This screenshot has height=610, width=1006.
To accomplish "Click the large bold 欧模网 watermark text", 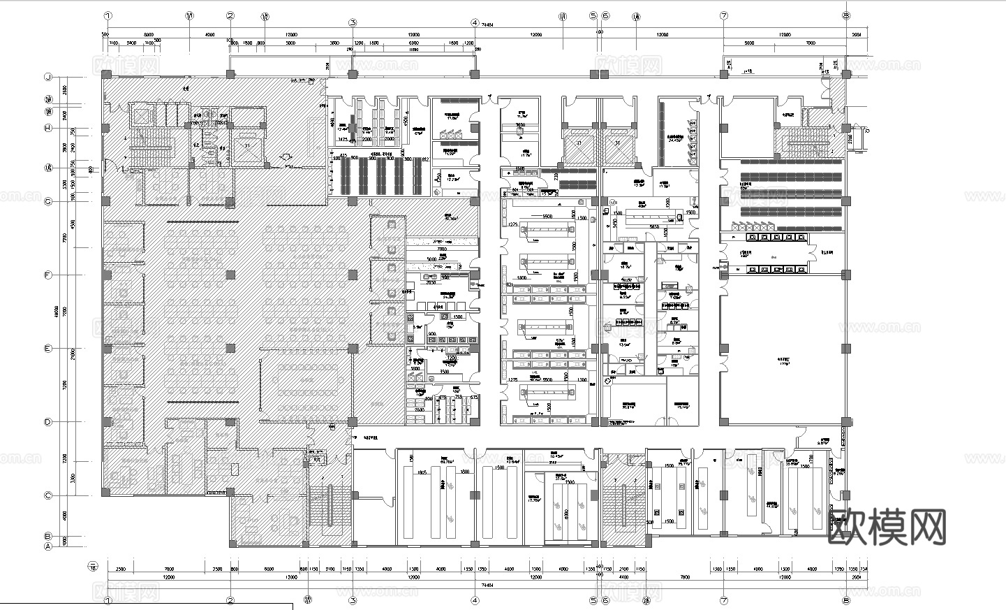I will tap(887, 526).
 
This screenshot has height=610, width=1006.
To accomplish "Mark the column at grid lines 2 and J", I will tap(230, 74).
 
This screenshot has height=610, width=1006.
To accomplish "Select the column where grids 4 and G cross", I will tap(475, 201).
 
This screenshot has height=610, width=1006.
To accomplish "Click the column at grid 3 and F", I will tap(353, 275).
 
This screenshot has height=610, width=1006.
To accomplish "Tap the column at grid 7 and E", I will tap(724, 348).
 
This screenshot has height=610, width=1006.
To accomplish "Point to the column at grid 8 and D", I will tap(846, 421).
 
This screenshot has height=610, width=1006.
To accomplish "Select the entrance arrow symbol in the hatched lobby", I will tap(285, 158).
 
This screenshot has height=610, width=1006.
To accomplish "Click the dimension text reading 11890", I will tap(413, 50).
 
